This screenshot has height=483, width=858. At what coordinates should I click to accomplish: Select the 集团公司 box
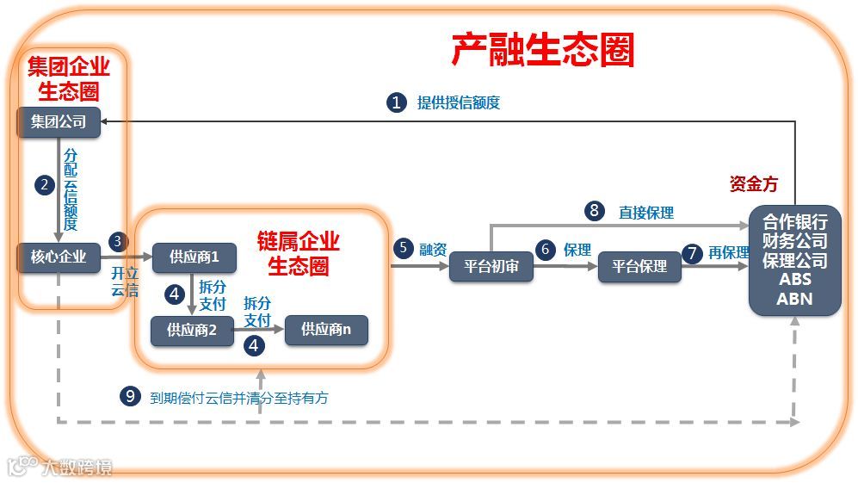point(59,121)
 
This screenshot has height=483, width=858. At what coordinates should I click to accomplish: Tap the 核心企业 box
point(59,256)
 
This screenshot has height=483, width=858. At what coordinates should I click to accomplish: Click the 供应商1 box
point(194,257)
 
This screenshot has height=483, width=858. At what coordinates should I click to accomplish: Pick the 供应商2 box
point(192,329)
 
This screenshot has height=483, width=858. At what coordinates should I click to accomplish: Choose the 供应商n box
point(326,329)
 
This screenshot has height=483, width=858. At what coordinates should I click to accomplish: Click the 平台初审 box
point(491,266)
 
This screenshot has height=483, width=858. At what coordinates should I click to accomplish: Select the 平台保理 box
point(639,266)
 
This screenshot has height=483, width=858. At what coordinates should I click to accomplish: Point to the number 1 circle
point(396,102)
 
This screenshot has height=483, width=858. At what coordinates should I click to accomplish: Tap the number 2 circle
point(44,184)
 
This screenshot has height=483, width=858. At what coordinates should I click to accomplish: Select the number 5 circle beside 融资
point(403,249)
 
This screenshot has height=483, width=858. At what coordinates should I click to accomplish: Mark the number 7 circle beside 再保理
point(691,253)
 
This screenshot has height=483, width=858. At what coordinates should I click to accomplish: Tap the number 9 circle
point(130,396)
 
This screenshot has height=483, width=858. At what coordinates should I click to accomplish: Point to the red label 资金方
point(753,184)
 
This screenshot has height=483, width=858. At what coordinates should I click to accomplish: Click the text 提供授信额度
point(459,103)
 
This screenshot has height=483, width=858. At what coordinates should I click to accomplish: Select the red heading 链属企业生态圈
point(299,252)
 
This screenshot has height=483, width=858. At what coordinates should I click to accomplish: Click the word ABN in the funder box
point(794,299)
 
